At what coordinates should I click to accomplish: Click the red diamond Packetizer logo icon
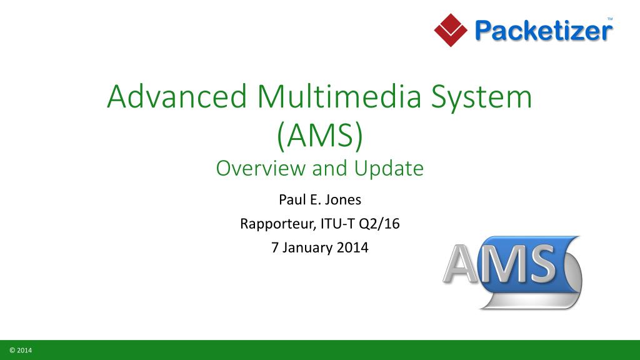(x=451, y=30)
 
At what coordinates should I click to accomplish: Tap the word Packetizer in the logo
(x=544, y=31)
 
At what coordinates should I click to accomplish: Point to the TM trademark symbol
(x=610, y=19)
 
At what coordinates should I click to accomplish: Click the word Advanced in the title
(x=177, y=97)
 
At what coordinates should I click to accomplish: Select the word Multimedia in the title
(x=339, y=97)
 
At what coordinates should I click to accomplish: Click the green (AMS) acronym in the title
(x=319, y=136)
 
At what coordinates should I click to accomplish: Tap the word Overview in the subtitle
(x=261, y=168)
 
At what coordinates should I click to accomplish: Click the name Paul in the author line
(x=292, y=199)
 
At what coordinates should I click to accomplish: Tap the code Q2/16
(x=379, y=224)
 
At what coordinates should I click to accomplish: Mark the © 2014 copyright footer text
(x=21, y=350)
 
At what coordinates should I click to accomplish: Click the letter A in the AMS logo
(x=461, y=264)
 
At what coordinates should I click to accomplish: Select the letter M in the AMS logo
(x=502, y=264)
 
